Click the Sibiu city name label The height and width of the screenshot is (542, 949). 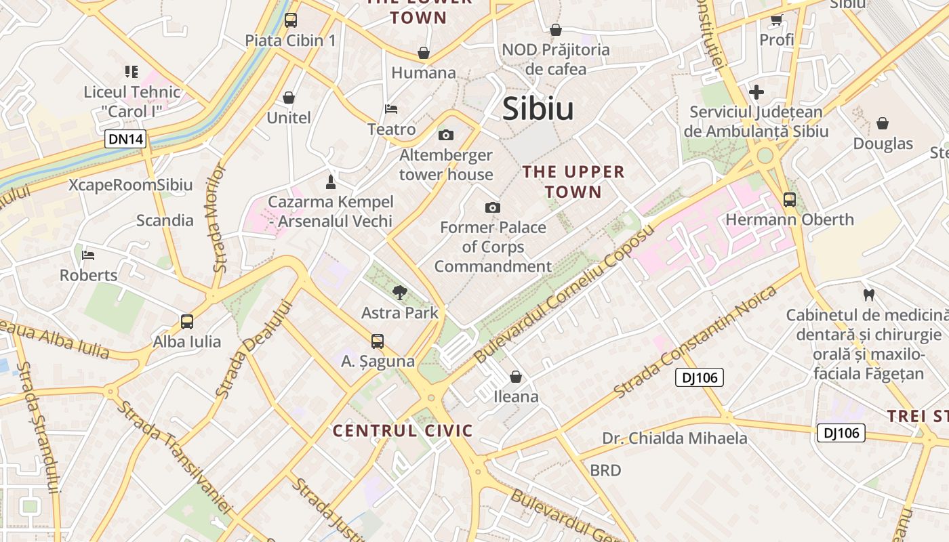pyautogui.click(x=538, y=110)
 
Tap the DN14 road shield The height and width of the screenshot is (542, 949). pyautogui.click(x=125, y=140)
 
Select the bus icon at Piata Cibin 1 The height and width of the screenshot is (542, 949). pyautogui.click(x=291, y=20)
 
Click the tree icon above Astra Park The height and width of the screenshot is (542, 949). pyautogui.click(x=400, y=293)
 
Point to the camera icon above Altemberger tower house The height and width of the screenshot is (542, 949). pyautogui.click(x=446, y=135)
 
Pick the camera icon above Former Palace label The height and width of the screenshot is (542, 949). pyautogui.click(x=493, y=207)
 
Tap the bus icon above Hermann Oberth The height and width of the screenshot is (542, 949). pyautogui.click(x=790, y=199)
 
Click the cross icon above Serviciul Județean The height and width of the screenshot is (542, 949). pyautogui.click(x=756, y=92)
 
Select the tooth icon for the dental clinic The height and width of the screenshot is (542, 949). pyautogui.click(x=868, y=295)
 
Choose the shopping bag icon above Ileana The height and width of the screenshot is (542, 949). pyautogui.click(x=516, y=376)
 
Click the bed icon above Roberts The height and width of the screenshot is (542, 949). pyautogui.click(x=88, y=255)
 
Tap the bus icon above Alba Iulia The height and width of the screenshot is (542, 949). pyautogui.click(x=187, y=322)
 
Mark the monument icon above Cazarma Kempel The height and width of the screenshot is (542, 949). pyautogui.click(x=331, y=182)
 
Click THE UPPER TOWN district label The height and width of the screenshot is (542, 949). pyautogui.click(x=573, y=182)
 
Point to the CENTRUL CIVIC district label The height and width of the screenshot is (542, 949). pyautogui.click(x=403, y=430)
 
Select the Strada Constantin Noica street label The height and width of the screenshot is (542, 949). pyautogui.click(x=695, y=342)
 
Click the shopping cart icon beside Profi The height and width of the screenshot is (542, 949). pyautogui.click(x=776, y=20)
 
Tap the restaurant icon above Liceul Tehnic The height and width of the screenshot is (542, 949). pyautogui.click(x=132, y=71)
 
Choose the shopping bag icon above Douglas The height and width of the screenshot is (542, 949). pyautogui.click(x=883, y=123)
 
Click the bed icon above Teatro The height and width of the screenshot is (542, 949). pyautogui.click(x=391, y=108)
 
